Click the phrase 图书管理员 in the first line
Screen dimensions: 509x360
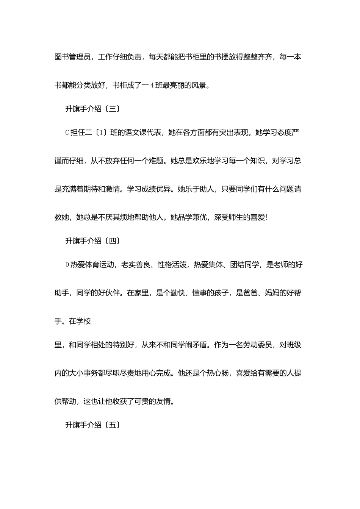click(x=73, y=57)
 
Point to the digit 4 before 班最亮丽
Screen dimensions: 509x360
click(x=152, y=86)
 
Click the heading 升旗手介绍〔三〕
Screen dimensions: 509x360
click(x=93, y=109)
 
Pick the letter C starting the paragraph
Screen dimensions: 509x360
click(x=67, y=133)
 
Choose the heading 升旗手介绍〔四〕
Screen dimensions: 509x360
click(x=93, y=241)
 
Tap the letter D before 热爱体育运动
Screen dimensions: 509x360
click(x=67, y=265)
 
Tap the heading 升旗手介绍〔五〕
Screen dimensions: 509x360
click(x=93, y=425)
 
